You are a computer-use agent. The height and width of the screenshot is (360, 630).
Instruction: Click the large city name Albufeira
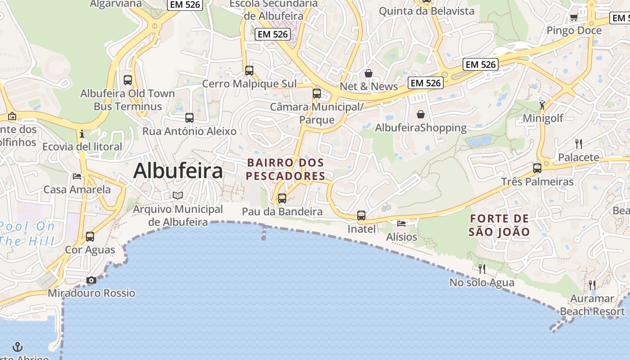coord(178,171)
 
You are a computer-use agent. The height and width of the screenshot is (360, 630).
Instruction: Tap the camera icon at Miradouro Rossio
coord(91,280)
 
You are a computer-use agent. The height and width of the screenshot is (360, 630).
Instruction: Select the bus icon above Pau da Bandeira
coord(282,198)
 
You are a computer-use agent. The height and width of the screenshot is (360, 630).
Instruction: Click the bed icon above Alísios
coord(401,223)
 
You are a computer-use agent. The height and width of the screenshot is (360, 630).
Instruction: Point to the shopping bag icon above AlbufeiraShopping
coord(421,114)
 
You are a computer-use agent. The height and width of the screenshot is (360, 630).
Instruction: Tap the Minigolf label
coord(543,118)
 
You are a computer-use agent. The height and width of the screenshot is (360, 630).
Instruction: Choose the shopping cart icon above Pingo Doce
coord(574,18)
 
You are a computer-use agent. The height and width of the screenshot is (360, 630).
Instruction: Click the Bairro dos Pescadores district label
coord(286,169)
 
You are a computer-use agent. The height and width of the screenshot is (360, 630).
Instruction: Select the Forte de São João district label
coord(499,225)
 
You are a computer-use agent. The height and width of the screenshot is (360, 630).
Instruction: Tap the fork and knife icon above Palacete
coord(579,144)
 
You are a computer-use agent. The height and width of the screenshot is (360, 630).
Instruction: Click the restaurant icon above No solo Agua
coord(482,269)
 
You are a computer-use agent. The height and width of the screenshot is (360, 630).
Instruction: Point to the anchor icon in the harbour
coord(18,347)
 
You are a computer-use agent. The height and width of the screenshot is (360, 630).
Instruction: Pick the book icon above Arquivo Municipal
coord(178,195)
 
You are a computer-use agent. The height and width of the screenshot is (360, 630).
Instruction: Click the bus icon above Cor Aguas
coord(90,237)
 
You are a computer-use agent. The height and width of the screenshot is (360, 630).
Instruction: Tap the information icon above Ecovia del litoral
coord(82,134)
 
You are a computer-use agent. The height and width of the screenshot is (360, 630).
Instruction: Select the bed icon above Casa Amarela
coord(77,176)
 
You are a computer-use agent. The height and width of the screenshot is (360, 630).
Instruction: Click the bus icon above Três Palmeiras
coord(537,168)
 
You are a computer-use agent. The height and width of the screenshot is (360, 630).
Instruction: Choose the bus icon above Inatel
coord(361,216)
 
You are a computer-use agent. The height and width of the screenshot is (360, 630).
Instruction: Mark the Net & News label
coord(369,86)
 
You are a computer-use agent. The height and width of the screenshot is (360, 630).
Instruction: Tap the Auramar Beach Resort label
coord(592,305)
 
